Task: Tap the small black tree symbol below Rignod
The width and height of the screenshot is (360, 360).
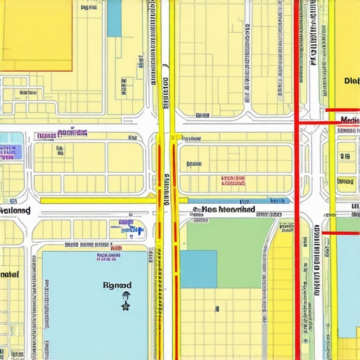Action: pyautogui.click(x=126, y=304)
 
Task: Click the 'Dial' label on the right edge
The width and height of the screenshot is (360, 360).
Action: pyautogui.click(x=352, y=81)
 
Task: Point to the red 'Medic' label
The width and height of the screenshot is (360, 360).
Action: pyautogui.click(x=349, y=120)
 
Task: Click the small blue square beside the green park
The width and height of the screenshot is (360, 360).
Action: pyautogui.click(x=198, y=269)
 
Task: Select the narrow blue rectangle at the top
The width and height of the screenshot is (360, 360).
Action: pyautogui.click(x=114, y=18)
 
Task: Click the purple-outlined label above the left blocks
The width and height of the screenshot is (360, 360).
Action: pyautogui.click(x=72, y=132)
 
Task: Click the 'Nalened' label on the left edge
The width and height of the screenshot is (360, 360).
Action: pyautogui.click(x=15, y=210)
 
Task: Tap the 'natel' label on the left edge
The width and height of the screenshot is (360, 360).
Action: pyautogui.click(x=10, y=273)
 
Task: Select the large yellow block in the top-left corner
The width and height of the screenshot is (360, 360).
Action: pyautogui.click(x=35, y=35)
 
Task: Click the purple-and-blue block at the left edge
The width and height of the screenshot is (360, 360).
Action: pyautogui.click(x=8, y=152)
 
